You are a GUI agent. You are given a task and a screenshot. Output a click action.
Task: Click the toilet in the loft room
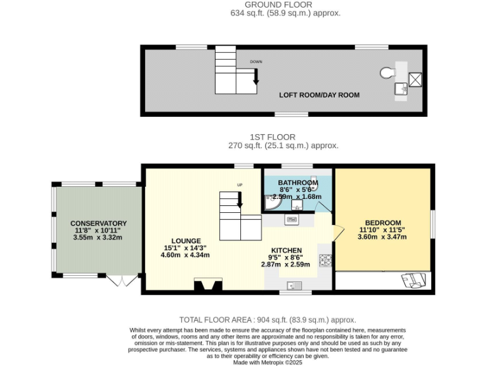pyautogui.click(x=386, y=73)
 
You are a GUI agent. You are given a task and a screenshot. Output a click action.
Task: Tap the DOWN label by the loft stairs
pyautogui.click(x=256, y=62)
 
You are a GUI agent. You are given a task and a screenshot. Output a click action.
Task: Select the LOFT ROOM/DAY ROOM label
pyautogui.click(x=319, y=95)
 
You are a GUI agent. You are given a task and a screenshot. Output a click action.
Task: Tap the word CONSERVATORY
pyautogui.click(x=98, y=223)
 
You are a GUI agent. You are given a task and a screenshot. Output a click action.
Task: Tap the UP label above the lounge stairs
pyautogui.click(x=239, y=185)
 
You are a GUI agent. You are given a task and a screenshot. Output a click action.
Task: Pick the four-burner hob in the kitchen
pyautogui.click(x=325, y=260)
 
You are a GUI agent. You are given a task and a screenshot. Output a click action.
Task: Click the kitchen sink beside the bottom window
pyautogui.click(x=294, y=284)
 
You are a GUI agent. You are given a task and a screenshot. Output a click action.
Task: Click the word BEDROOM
pyautogui.click(x=383, y=222)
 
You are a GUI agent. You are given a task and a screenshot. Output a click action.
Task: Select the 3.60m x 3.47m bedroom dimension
pyautogui.click(x=383, y=236)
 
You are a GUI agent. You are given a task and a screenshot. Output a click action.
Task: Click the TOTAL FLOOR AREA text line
pyautogui.click(x=267, y=320)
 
